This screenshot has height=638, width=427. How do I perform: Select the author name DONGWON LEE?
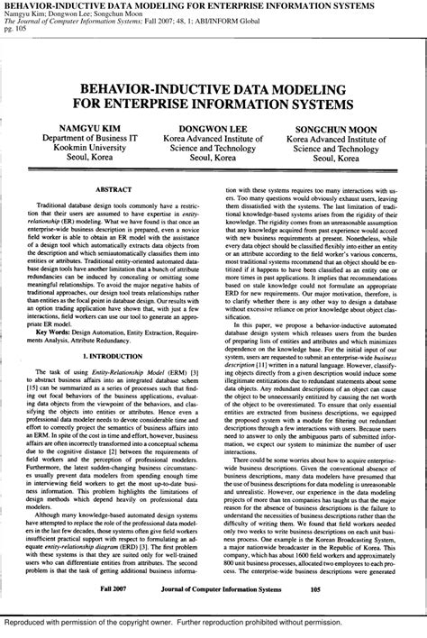213,128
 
